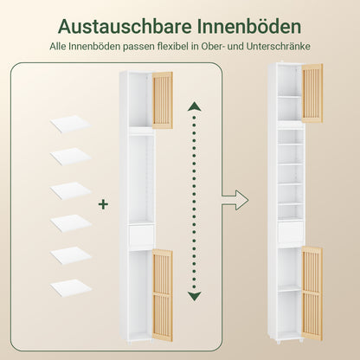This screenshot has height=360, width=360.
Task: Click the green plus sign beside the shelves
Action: [104, 205]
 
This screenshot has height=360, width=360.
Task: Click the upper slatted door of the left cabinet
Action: [162, 100]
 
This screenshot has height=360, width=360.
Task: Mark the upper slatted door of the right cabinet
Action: [312, 93]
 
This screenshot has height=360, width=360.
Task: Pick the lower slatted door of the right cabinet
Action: [312, 281]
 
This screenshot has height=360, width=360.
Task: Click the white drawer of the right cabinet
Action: [291, 230]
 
